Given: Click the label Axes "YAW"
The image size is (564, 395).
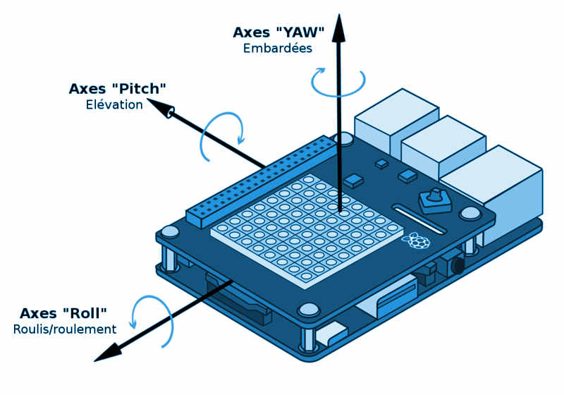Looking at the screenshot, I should tap(278, 32).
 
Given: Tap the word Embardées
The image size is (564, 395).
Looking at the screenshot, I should tap(278, 49).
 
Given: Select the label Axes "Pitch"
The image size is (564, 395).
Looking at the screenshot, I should tap(117, 89).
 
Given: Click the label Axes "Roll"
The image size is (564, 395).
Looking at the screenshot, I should tap(63, 313).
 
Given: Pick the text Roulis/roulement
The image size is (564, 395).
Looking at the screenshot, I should tap(65, 329).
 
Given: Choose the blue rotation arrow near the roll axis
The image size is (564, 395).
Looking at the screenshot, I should tap(154, 321).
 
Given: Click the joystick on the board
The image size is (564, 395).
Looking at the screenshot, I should tap(434, 200).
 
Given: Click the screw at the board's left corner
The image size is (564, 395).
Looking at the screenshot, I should tap(170, 232).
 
